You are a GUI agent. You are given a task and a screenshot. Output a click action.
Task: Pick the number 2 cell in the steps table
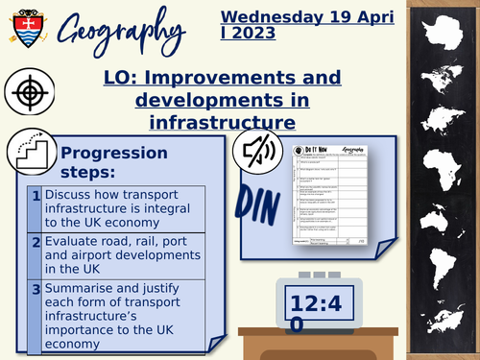34,243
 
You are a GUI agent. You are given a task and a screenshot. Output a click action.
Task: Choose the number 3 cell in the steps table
34,288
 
